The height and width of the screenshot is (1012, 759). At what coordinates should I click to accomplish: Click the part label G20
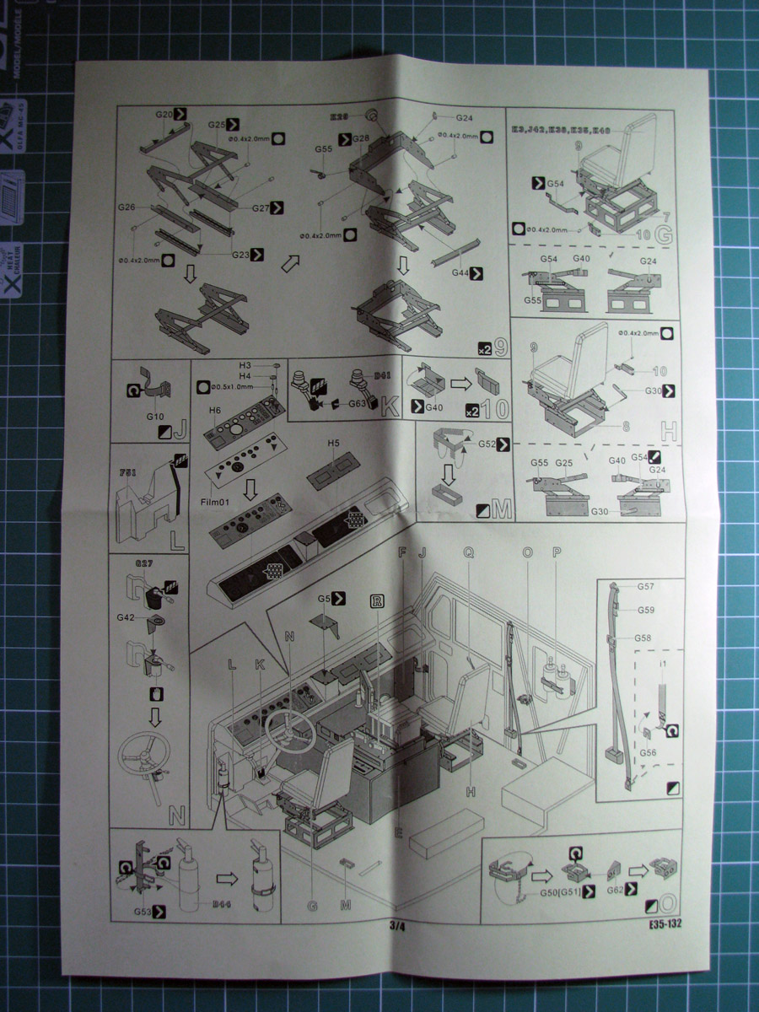coord(164,114)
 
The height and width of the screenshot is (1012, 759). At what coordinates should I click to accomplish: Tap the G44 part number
coord(460,272)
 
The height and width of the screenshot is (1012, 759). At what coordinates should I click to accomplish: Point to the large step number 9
coord(500,346)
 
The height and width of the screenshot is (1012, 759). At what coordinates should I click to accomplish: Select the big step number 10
coord(498,412)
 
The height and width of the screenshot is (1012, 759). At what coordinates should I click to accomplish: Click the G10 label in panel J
coord(154,416)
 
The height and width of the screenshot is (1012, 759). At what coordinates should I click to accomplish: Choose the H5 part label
coord(334,443)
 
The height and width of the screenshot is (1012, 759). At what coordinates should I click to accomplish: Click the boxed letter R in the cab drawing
coord(376,600)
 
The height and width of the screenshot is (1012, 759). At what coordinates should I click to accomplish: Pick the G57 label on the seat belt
coord(647,585)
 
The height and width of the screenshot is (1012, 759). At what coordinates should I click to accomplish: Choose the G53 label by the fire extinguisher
coord(143,912)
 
